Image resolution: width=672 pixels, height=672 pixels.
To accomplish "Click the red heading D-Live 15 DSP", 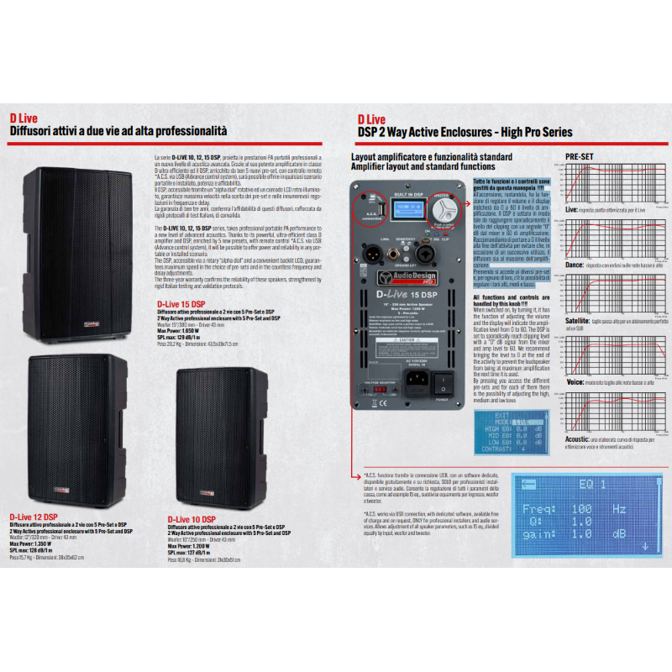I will [x=180, y=304].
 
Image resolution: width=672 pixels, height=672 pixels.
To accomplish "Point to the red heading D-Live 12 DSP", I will [x=34, y=517].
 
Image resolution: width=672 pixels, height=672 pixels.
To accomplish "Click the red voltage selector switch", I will [x=375, y=387].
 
